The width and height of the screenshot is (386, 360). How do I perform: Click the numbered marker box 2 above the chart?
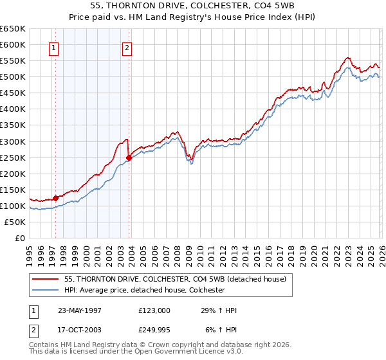(127, 47)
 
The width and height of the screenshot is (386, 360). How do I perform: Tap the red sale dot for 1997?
(56, 198)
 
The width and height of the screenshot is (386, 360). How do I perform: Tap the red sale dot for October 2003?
(129, 157)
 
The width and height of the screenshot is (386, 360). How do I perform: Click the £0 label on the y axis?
(19, 239)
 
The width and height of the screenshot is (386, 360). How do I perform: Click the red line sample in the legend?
(46, 279)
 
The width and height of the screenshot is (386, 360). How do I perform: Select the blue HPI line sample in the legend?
(46, 290)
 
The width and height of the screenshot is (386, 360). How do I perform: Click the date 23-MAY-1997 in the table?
(80, 310)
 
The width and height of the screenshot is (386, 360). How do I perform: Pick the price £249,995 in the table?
(154, 330)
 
